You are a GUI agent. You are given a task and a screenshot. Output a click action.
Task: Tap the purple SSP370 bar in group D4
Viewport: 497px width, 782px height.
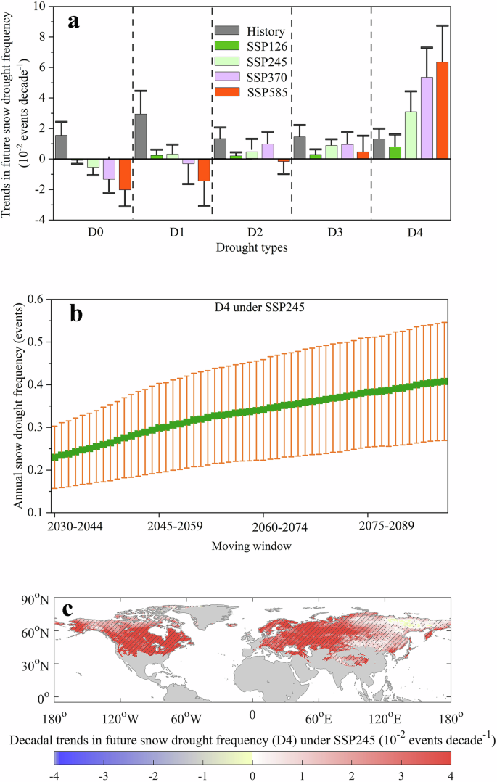427,118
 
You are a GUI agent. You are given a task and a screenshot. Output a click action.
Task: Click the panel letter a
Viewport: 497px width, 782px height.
73,20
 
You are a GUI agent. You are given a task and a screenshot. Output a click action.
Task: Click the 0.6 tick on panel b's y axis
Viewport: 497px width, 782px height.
36,299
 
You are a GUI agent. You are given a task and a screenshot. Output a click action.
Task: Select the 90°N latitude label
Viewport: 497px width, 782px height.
33,600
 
